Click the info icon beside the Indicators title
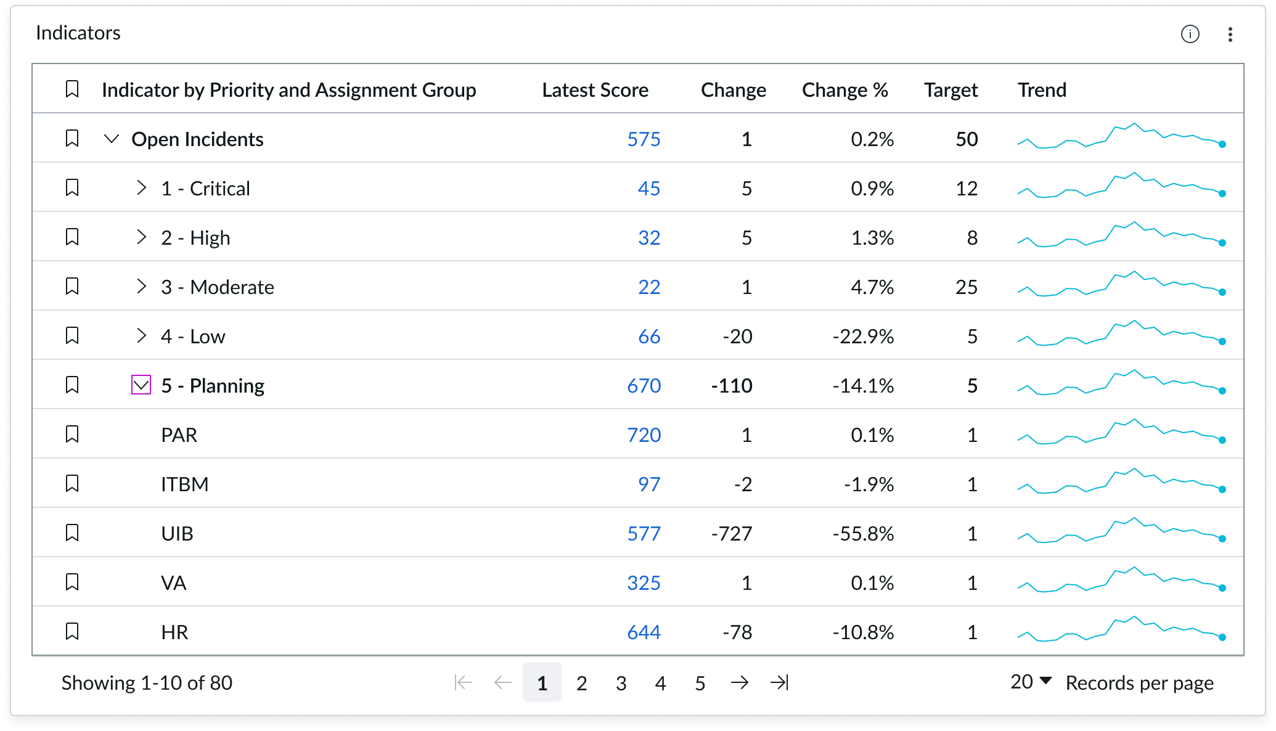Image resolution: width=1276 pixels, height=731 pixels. click(1190, 35)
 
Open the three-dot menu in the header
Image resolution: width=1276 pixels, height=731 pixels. click(1230, 35)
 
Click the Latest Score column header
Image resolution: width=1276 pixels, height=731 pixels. click(595, 90)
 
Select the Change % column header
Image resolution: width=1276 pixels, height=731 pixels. click(845, 90)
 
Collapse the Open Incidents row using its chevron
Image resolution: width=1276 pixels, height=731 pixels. click(112, 139)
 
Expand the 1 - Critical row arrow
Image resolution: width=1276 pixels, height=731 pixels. click(141, 188)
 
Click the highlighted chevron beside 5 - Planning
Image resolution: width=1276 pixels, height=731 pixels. click(141, 385)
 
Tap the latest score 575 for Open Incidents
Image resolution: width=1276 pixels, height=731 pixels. click(644, 139)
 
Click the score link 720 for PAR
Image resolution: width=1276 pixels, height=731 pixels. click(644, 435)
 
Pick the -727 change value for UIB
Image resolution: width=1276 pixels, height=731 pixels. click(732, 534)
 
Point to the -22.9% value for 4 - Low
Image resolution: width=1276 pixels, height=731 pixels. click(863, 337)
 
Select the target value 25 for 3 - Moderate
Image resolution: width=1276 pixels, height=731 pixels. click(967, 287)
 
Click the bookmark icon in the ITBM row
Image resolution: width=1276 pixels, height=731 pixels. click(72, 484)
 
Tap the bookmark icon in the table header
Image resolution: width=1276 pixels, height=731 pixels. click(72, 89)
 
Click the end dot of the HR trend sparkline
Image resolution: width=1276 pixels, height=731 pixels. click(1222, 637)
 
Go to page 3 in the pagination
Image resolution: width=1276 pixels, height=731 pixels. click(621, 683)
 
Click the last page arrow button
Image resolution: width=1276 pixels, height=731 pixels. click(779, 682)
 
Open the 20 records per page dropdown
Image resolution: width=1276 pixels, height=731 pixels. click(1031, 682)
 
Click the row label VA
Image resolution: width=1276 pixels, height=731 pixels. click(174, 583)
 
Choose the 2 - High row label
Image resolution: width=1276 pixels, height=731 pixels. click(195, 238)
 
